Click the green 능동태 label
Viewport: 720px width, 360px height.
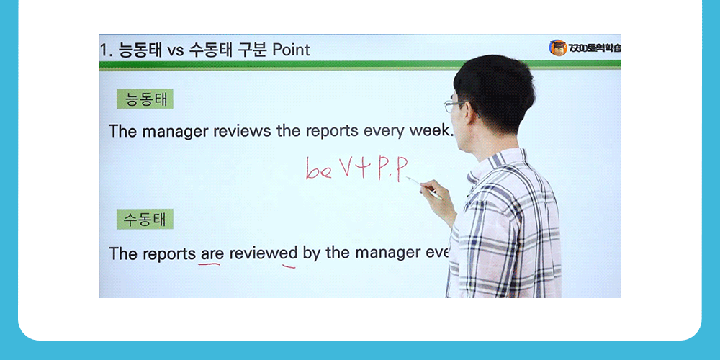[145, 99]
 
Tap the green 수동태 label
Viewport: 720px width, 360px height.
[145, 220]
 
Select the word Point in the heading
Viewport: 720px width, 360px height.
[287, 50]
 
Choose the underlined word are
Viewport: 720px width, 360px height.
[211, 253]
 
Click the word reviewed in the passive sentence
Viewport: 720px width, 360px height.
[263, 253]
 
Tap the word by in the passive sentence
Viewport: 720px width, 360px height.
[311, 253]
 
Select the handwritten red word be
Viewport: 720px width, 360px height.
[318, 171]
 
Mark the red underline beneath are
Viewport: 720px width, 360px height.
[210, 264]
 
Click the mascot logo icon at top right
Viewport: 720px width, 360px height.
[557, 48]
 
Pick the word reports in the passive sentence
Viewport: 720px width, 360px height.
[168, 253]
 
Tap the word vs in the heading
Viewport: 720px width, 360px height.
[176, 50]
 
